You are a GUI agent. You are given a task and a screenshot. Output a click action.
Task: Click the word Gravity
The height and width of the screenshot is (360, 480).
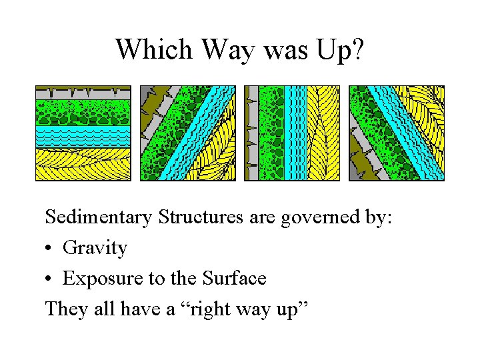coord(95,248)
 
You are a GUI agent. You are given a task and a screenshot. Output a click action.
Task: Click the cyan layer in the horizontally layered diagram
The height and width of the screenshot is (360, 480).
coord(83,136)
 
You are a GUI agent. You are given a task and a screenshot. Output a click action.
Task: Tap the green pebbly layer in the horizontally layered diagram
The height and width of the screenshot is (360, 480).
coord(83,112)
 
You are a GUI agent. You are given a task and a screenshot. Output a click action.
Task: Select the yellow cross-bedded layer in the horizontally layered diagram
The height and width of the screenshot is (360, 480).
coord(83,163)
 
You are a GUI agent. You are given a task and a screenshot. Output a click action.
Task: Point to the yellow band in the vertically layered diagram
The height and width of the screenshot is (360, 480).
coord(323,133)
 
